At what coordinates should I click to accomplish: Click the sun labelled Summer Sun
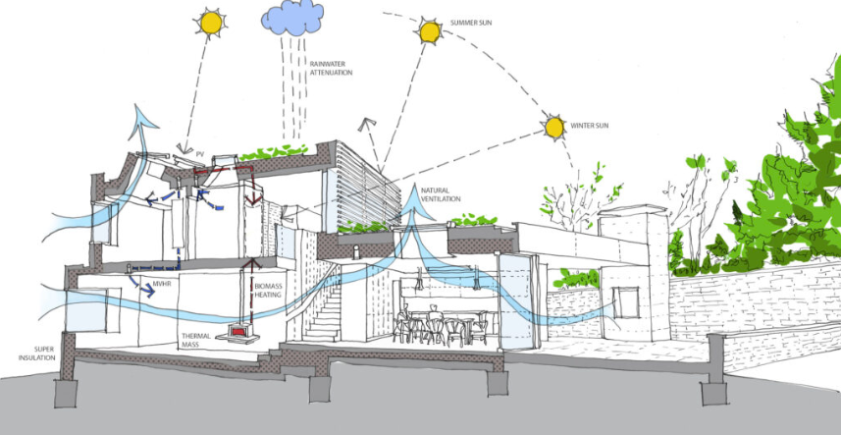point(429,32)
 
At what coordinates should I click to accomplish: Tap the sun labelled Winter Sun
point(555,126)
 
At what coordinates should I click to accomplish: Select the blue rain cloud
point(292,17)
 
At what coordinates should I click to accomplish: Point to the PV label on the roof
point(199,154)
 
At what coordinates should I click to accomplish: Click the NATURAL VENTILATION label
point(442,194)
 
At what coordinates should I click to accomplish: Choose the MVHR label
point(161,286)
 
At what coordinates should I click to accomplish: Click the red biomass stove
point(237,333)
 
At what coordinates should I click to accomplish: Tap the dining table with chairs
point(442,324)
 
